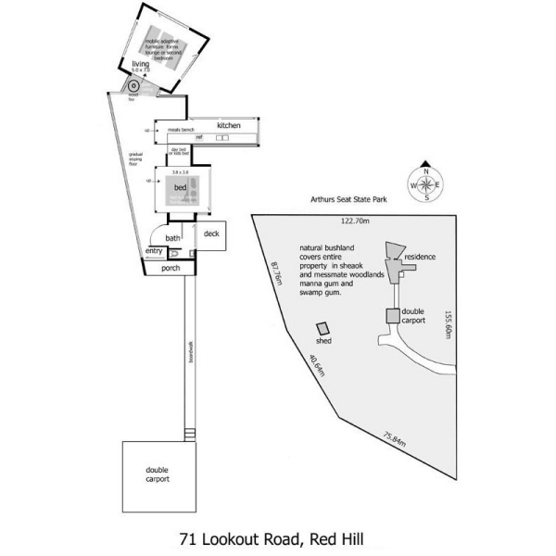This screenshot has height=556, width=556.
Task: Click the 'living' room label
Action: [x=140, y=63]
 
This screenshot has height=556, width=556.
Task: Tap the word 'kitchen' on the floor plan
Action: [x=229, y=125]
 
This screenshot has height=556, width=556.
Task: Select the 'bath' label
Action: [x=173, y=238]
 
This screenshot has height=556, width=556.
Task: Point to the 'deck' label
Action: [x=211, y=234]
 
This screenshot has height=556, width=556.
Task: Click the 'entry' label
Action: [x=154, y=252]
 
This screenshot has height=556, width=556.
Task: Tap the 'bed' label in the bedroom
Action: [x=180, y=187]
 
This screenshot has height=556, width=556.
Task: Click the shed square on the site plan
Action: [x=323, y=329]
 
